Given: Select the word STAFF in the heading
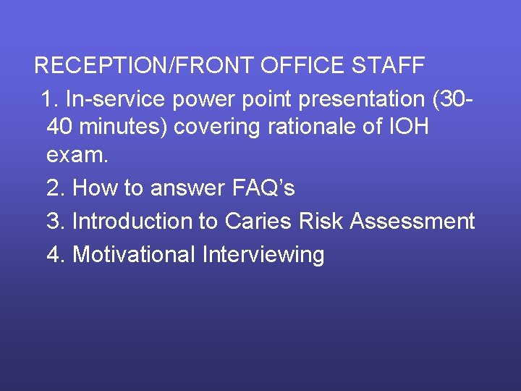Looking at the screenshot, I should pyautogui.click(x=389, y=65).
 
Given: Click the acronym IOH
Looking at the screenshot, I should pyautogui.click(x=408, y=127).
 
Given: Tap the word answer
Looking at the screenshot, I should pyautogui.click(x=188, y=188).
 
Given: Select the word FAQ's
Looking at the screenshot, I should pyautogui.click(x=263, y=188).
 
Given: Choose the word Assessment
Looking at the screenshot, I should pyautogui.click(x=412, y=221).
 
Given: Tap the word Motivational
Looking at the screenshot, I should pyautogui.click(x=135, y=254).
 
